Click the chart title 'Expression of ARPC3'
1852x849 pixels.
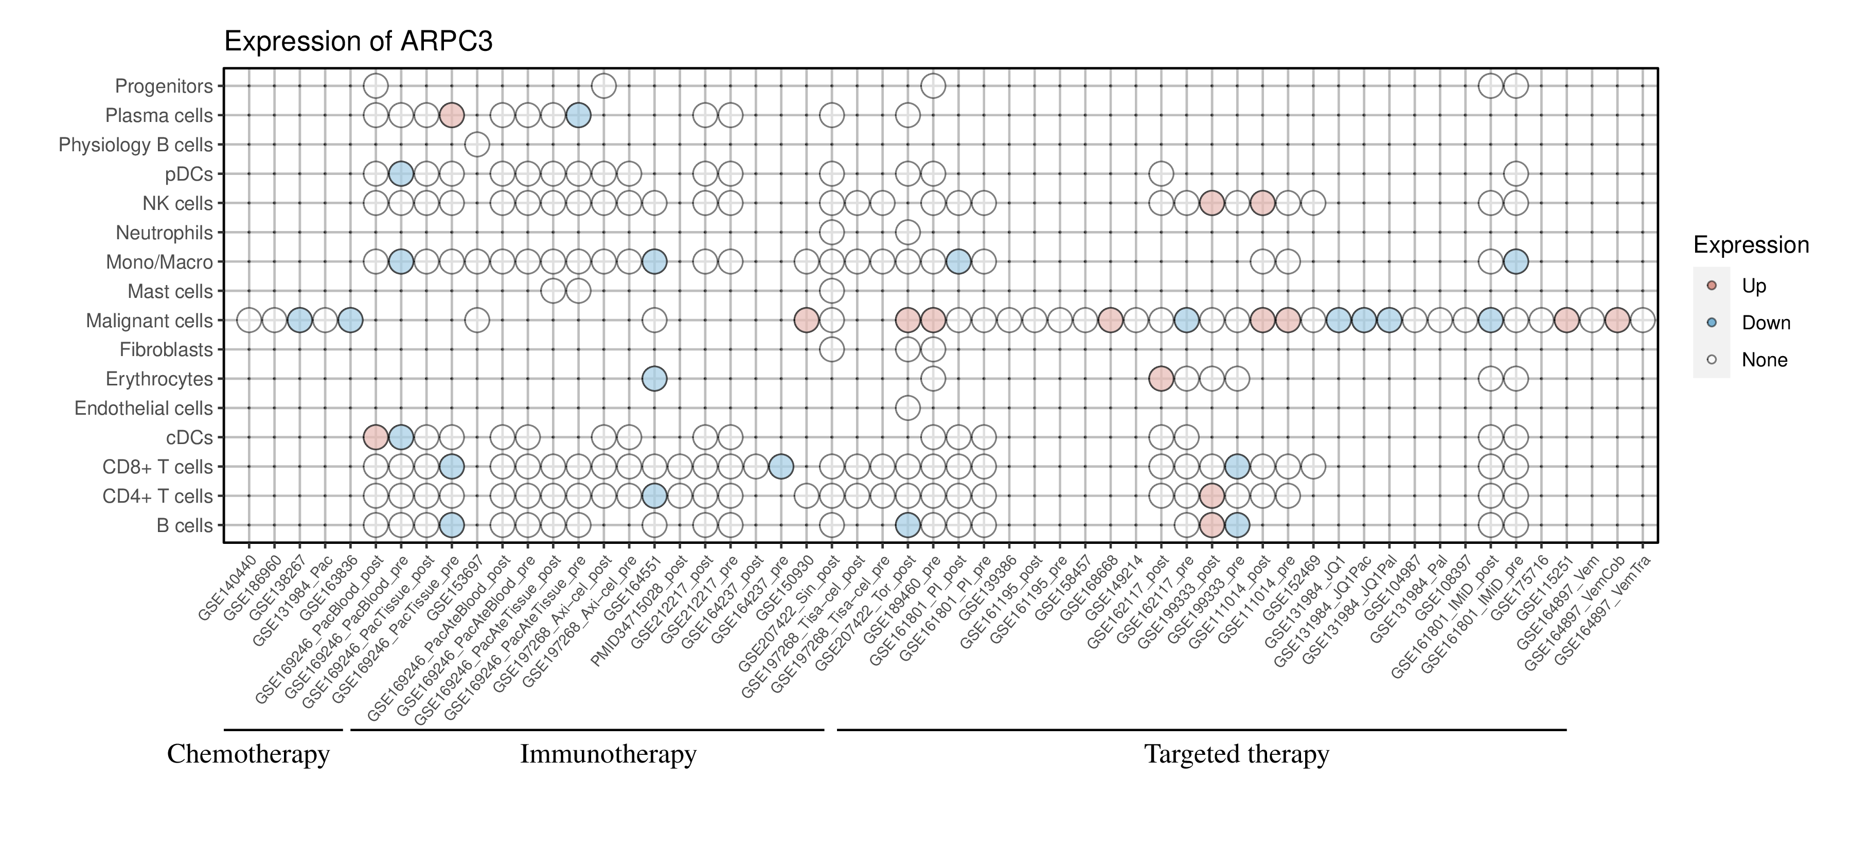(x=358, y=42)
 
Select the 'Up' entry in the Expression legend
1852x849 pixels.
(x=1754, y=286)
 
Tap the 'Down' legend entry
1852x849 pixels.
(x=1765, y=323)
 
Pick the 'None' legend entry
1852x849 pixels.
(x=1764, y=360)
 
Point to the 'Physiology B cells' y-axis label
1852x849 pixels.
(x=135, y=145)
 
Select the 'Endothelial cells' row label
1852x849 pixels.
(x=144, y=409)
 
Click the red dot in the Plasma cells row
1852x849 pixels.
(x=452, y=115)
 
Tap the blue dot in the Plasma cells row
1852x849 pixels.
(x=578, y=115)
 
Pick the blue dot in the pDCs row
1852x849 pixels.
(x=400, y=174)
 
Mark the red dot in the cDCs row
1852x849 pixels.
(x=376, y=437)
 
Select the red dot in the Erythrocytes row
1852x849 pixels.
(x=1161, y=379)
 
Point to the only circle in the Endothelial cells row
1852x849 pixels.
(x=907, y=409)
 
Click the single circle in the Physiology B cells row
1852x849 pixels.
(x=477, y=145)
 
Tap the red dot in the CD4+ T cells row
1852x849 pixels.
(x=1212, y=496)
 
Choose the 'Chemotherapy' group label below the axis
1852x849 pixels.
(x=248, y=754)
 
